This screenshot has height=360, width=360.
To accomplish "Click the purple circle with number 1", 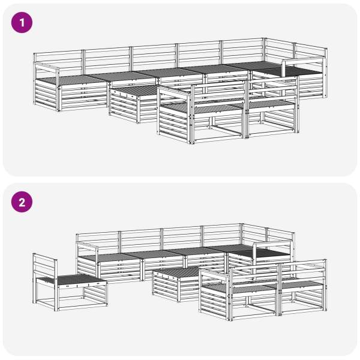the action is (22, 23).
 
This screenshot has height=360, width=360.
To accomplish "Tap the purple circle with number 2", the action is (22, 202).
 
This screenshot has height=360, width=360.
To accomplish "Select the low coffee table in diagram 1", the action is (136, 103).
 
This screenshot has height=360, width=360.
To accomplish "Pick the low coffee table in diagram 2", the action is (177, 284).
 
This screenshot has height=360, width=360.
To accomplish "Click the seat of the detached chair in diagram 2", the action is (71, 280).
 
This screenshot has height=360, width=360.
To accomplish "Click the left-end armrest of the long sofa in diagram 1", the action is (46, 67).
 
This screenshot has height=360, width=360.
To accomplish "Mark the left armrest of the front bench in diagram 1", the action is (175, 91).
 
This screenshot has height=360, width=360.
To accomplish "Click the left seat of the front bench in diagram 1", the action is (202, 107).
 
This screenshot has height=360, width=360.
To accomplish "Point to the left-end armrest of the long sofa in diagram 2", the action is (87, 247).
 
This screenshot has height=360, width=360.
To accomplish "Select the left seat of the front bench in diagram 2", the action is (239, 289).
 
